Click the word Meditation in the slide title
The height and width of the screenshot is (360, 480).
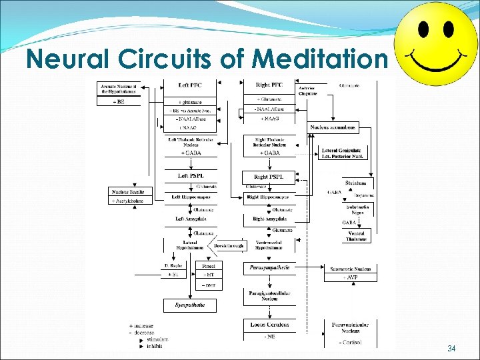pos(321,59)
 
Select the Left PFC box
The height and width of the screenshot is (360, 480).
pos(191,85)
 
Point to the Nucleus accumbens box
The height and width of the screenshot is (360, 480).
pos(333,127)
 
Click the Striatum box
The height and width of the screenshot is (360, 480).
pos(356,183)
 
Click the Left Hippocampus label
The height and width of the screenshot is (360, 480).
pos(191,197)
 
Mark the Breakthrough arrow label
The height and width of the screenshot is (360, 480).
pos(229,245)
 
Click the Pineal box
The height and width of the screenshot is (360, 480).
pos(209,265)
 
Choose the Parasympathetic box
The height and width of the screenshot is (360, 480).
pos(269,267)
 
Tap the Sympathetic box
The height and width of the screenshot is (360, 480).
pos(191,305)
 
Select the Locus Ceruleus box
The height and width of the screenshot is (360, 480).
pos(269,324)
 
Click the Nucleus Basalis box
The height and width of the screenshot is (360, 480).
pos(127,192)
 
